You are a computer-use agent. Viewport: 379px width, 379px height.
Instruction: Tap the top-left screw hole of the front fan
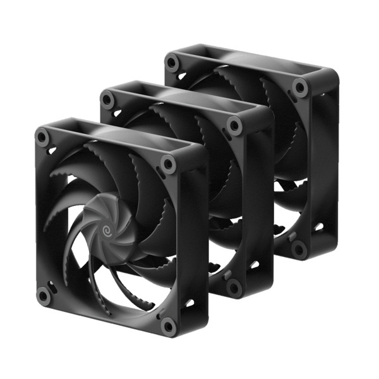click(x=42, y=136)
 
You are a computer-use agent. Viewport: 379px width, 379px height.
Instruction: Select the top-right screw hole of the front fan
click(x=168, y=164)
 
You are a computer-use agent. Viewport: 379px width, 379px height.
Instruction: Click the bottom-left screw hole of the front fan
click(x=43, y=295)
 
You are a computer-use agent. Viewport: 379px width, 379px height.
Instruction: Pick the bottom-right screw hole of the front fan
click(x=168, y=325)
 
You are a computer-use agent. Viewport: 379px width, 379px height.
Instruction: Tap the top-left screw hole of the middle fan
click(x=108, y=99)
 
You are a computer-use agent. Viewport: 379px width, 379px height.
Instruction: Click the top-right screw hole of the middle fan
click(x=235, y=126)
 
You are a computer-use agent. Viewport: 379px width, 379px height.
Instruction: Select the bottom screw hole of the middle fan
click(x=234, y=287)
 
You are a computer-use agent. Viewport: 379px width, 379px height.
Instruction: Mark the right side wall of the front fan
click(x=196, y=240)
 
